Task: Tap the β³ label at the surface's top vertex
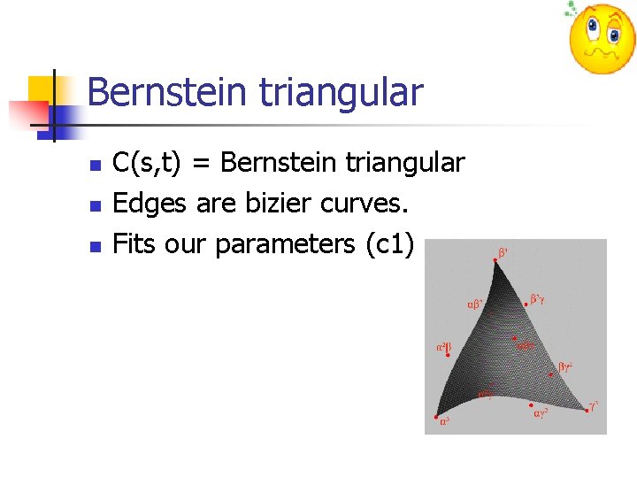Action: [503, 253]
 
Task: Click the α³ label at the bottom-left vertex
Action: [445, 421]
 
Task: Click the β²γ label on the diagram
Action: [537, 299]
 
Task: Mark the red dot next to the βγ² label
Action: [552, 374]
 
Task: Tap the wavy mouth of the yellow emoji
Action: [602, 55]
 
